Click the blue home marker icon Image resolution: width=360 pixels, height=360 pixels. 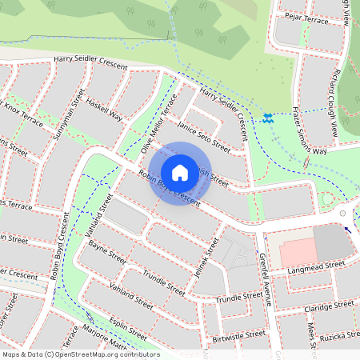[x=180, y=172]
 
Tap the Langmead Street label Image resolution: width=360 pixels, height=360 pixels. [x=316, y=268]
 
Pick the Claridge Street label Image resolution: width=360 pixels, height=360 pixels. [x=328, y=307]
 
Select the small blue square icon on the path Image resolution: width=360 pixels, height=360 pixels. [x=267, y=118]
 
